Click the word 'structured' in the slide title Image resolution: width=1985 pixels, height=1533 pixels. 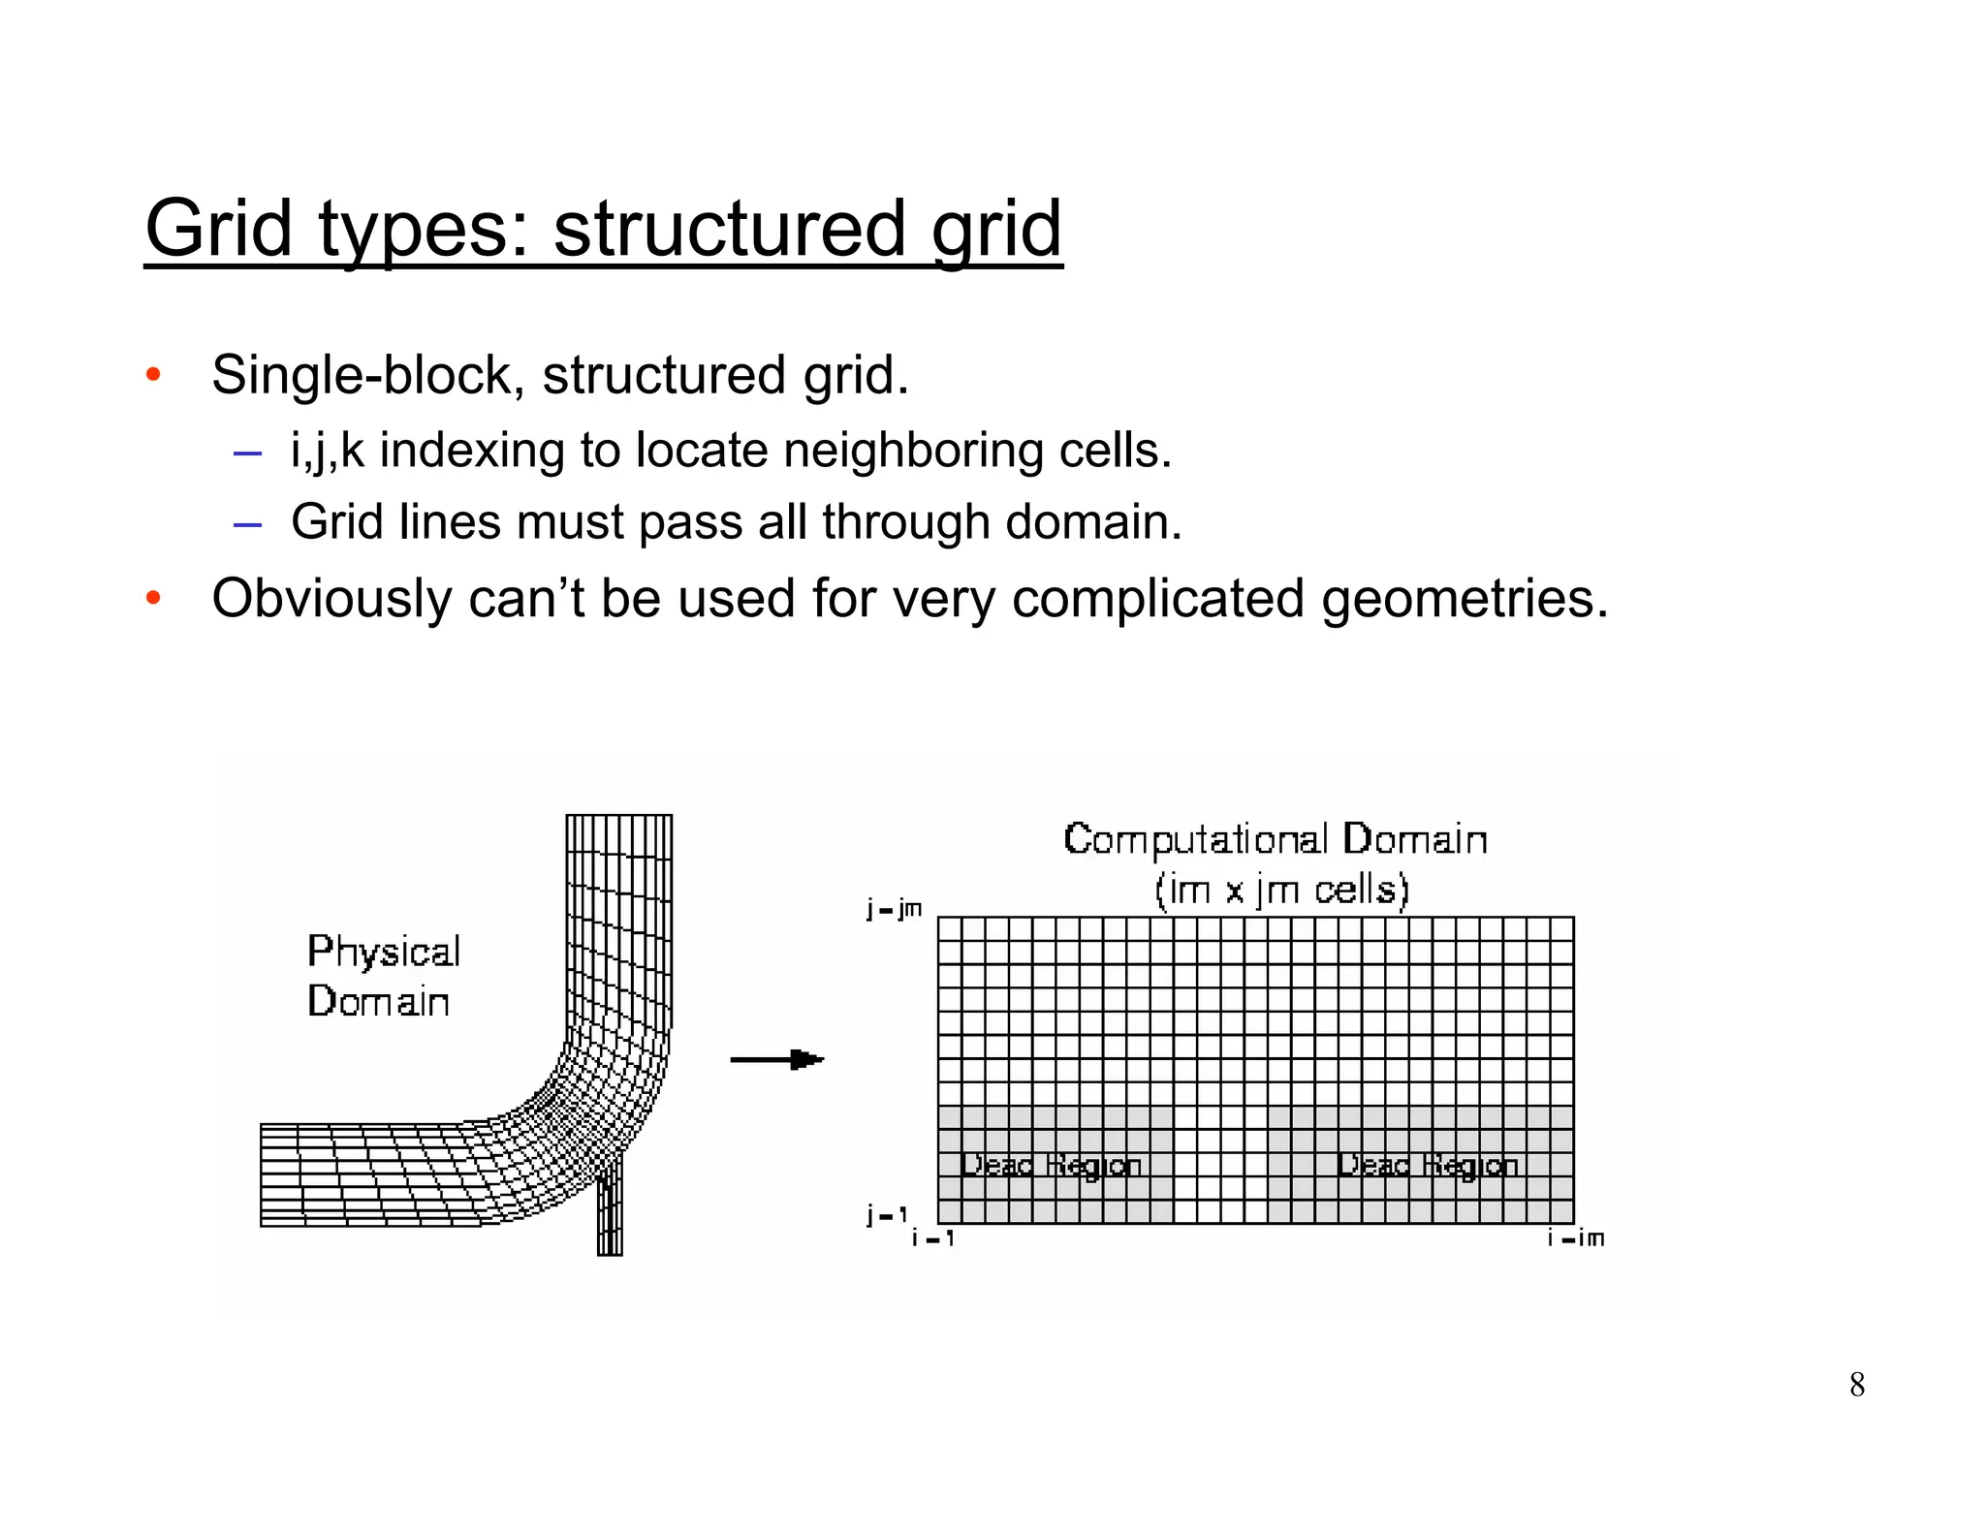729,229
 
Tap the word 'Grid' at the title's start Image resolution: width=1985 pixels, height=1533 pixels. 218,229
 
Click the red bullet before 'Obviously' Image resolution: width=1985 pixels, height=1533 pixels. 153,598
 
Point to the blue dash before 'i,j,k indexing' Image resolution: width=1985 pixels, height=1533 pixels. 247,453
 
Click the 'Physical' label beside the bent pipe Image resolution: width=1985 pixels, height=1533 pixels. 384,952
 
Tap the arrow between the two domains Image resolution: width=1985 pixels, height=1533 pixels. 777,1059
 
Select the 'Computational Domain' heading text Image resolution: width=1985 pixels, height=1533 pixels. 1275,839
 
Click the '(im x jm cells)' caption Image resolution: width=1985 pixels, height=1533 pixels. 1281,890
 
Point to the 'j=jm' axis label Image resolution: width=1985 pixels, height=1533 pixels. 894,909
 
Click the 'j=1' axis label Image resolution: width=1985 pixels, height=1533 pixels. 887,1214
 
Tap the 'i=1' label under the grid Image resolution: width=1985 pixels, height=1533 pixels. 933,1238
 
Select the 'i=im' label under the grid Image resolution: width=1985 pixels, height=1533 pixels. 1576,1238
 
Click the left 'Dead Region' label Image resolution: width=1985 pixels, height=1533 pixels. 1051,1165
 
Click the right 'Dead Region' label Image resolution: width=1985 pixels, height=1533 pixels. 1427,1165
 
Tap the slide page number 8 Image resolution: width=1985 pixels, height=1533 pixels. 1856,1385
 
